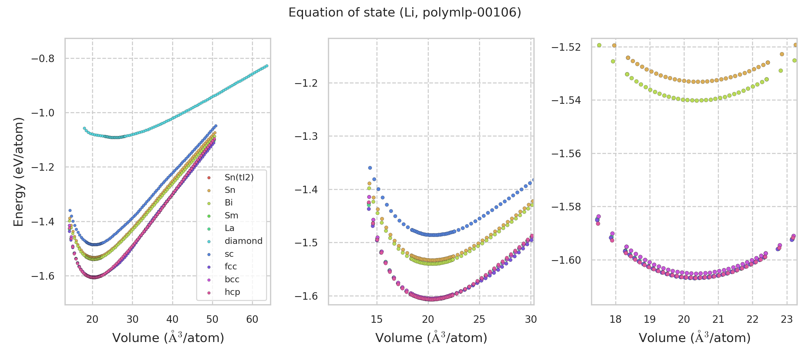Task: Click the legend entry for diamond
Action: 243,241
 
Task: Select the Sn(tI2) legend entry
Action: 239,178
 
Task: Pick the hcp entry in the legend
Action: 232,292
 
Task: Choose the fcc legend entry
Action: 230,267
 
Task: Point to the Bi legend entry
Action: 229,203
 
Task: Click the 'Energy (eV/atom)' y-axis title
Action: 18,172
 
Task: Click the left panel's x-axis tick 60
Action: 252,319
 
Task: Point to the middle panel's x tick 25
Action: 479,319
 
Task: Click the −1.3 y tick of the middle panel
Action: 306,136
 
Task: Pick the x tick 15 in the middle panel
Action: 376,319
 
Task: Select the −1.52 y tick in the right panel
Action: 566,47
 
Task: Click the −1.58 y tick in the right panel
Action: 566,207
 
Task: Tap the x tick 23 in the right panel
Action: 787,319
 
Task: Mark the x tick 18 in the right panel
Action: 615,319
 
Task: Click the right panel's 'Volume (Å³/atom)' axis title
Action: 694,338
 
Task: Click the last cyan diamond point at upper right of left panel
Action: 267,66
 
